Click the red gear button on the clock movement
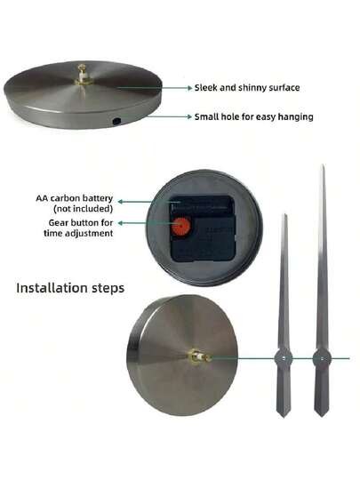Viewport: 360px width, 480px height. (180, 227)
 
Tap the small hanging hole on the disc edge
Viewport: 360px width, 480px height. (116, 121)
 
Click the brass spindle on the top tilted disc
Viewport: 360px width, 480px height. (82, 76)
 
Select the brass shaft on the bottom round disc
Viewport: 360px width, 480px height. (199, 356)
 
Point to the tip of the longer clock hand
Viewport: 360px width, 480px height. (323, 165)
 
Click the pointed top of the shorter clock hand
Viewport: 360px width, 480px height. (285, 215)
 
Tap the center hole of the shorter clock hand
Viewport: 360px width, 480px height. (284, 358)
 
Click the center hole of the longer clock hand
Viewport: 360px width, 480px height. (322, 358)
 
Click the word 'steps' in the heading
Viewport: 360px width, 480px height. (108, 289)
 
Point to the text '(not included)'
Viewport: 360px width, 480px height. (83, 209)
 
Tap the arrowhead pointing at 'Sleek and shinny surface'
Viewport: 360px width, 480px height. (190, 88)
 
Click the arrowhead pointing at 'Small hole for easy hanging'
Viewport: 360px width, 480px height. (190, 116)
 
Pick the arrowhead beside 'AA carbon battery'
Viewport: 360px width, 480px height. (120, 202)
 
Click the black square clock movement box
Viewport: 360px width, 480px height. (203, 228)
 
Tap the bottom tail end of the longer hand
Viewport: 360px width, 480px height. (321, 415)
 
